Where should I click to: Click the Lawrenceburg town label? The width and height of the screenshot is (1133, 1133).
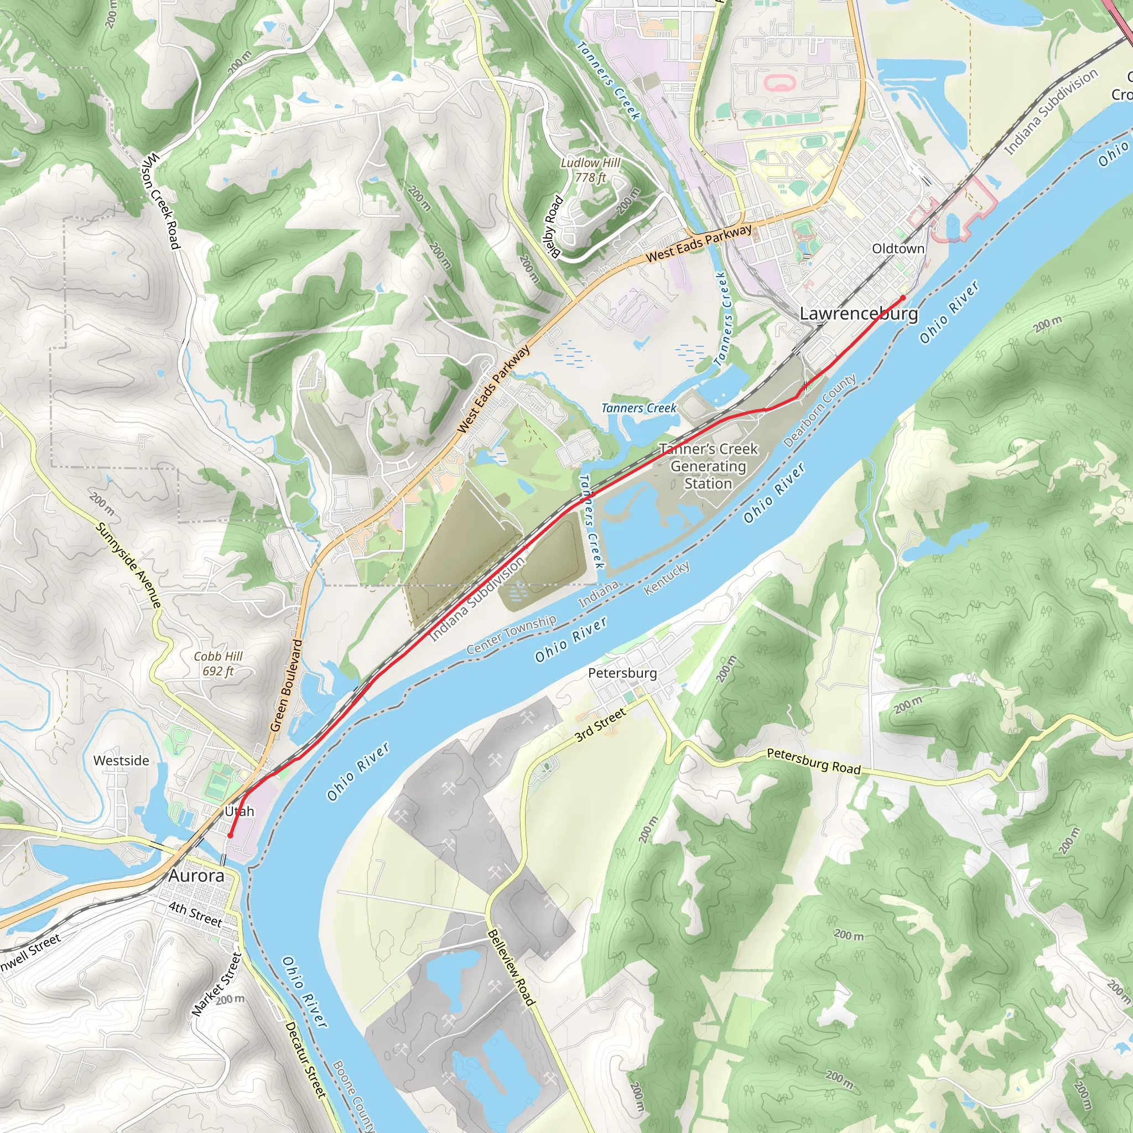[x=859, y=313]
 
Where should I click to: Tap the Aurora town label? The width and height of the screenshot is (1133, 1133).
[x=196, y=876]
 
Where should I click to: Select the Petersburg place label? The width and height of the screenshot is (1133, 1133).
[x=622, y=673]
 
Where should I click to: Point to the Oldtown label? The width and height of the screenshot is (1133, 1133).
[x=898, y=248]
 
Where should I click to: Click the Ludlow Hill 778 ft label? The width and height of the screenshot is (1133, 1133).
[x=590, y=170]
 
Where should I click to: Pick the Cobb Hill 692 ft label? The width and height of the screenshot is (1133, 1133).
[x=218, y=663]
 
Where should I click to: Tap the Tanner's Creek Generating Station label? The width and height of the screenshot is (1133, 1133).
[x=709, y=466]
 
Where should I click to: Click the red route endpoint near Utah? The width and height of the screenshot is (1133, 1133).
[x=231, y=835]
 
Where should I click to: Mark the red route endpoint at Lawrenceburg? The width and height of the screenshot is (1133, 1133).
[x=902, y=298]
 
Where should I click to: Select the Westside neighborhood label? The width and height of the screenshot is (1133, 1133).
[x=121, y=761]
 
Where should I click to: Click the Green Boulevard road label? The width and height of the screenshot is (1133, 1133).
[x=287, y=685]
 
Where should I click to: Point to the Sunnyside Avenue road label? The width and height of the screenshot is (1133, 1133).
[x=128, y=565]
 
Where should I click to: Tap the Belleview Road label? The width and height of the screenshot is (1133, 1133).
[x=511, y=968]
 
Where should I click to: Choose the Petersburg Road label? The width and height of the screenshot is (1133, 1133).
[x=813, y=761]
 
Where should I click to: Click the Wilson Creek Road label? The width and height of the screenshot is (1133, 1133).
[x=160, y=201]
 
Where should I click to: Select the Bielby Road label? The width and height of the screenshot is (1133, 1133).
[x=553, y=225]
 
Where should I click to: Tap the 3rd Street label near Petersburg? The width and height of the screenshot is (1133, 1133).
[x=600, y=725]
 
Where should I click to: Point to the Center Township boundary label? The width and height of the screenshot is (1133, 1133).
[x=511, y=634]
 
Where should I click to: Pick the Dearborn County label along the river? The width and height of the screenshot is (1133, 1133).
[x=819, y=410]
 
